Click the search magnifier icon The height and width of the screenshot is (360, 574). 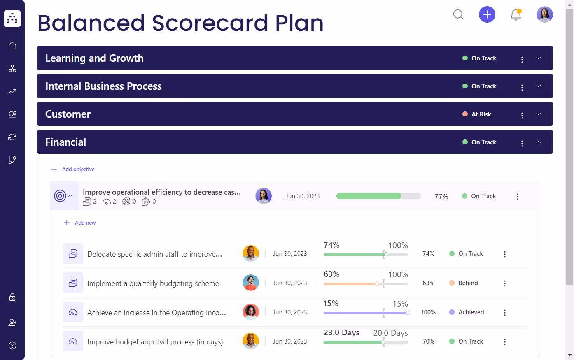tap(458, 15)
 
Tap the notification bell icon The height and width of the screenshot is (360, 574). tap(516, 15)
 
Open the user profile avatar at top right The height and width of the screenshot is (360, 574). tap(544, 15)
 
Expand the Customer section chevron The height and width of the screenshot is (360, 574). tap(539, 114)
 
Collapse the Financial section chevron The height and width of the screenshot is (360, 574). tap(539, 142)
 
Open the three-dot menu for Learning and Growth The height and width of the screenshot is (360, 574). tap(522, 60)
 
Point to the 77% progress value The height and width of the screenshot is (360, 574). tap(441, 197)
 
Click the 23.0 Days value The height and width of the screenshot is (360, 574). tap(341, 332)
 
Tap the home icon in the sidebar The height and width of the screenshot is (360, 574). tap(12, 46)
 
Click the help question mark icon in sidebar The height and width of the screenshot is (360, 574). tap(12, 345)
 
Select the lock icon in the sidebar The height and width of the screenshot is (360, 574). tap(12, 297)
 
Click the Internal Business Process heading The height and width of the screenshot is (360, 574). tap(103, 86)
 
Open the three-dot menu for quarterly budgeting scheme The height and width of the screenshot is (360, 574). tap(505, 283)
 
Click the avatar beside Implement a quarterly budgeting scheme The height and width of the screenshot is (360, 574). tap(251, 283)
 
